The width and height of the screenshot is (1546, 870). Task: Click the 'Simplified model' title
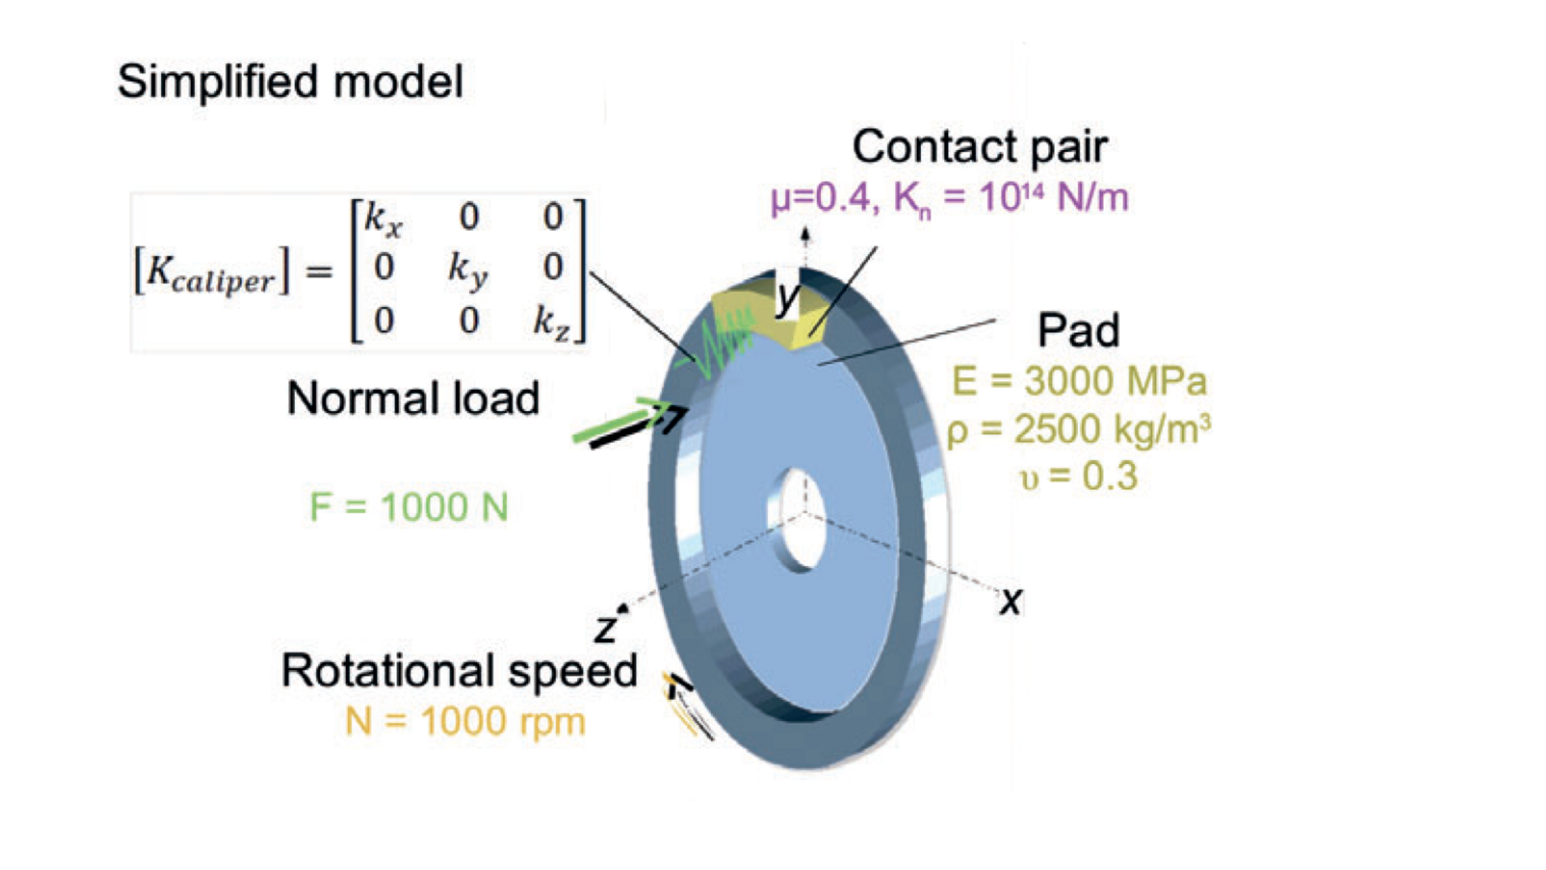pos(290,81)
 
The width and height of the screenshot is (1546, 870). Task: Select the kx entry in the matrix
pos(383,219)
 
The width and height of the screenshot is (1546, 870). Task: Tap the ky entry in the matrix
pos(468,270)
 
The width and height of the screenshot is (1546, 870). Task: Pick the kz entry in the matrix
pos(551,322)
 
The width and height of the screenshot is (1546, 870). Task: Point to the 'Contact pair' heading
pos(980,147)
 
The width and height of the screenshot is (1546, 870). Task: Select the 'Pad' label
pos(1078,330)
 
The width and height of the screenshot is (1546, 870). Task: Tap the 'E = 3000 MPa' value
pos(1079,381)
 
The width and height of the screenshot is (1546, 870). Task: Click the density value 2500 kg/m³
pos(1080,430)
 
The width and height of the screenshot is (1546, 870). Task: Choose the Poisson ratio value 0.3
pos(1079,477)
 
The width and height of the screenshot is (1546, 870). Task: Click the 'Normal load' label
pos(412,398)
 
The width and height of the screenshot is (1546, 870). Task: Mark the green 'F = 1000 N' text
pos(408,507)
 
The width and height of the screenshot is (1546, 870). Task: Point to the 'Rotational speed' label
pos(458,670)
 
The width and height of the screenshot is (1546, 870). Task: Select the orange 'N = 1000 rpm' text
pos(465,722)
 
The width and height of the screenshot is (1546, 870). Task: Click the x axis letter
pos(1010,602)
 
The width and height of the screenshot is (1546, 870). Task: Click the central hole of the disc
pos(799,520)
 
